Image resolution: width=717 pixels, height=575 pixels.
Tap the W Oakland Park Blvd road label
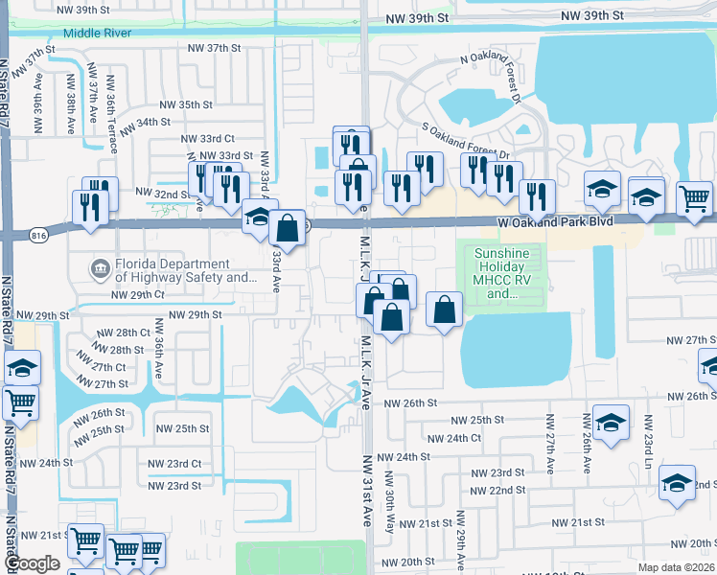click(x=555, y=222)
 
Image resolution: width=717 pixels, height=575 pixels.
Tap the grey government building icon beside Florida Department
click(x=99, y=266)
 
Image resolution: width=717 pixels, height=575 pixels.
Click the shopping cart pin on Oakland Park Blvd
click(x=694, y=199)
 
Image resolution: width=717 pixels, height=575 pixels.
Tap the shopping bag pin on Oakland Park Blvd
click(x=288, y=229)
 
